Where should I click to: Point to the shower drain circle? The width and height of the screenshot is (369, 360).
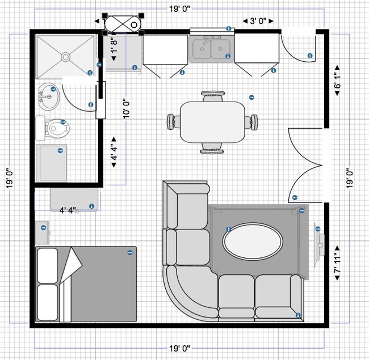(x=65, y=56)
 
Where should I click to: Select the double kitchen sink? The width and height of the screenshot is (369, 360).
(x=211, y=49)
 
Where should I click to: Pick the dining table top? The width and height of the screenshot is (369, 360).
(x=212, y=121)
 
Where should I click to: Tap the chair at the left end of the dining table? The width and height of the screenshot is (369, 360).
(x=174, y=121)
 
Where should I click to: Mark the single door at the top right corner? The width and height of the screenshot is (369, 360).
(x=298, y=48)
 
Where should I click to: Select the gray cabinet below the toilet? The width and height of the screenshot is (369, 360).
(x=52, y=163)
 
